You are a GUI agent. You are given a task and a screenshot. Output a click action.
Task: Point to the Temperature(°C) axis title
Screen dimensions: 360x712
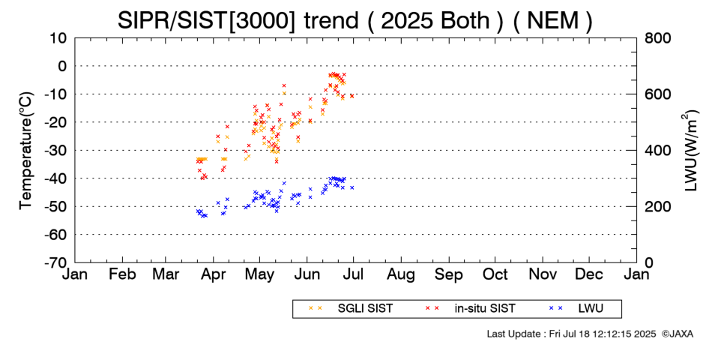[x=25, y=150]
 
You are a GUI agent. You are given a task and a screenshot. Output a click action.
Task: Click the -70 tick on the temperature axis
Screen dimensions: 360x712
[x=58, y=262]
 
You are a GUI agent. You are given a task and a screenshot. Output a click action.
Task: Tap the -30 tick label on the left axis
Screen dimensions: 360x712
[x=58, y=150]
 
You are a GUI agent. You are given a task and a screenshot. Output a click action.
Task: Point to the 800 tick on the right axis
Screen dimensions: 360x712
[x=659, y=37]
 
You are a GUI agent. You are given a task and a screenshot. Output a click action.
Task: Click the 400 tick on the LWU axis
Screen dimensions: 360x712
[x=659, y=150]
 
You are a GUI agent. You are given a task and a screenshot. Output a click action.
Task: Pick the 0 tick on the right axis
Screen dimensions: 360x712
[x=649, y=262]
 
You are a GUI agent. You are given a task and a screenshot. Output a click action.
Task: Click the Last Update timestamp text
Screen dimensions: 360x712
[x=570, y=333]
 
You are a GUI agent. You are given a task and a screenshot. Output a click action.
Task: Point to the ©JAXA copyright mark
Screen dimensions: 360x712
[x=677, y=333]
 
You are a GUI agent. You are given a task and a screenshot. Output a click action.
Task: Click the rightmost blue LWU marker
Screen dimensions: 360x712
[x=352, y=187]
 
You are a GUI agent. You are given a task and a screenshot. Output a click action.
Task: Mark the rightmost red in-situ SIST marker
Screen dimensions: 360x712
[x=352, y=96]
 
